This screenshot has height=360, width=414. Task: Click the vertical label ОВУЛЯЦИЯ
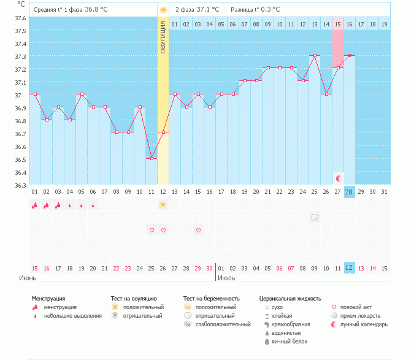(x=163, y=37)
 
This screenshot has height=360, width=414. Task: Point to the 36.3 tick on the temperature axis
(x=20, y=185)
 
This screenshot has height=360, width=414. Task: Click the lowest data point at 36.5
(x=151, y=158)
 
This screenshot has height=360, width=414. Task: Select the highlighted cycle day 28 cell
(x=349, y=192)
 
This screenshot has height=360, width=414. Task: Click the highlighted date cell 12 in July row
(x=349, y=268)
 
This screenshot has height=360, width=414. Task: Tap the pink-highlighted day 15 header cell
(x=337, y=24)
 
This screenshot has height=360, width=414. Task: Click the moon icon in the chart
(x=338, y=178)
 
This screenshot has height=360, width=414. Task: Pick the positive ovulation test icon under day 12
(x=163, y=205)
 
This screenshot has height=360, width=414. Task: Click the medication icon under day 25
(x=314, y=217)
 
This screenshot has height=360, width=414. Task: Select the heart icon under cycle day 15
(x=198, y=230)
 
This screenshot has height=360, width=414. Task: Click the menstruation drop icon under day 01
(x=35, y=205)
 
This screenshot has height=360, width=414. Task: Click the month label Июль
(x=226, y=278)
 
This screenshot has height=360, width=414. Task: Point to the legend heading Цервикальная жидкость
(x=289, y=299)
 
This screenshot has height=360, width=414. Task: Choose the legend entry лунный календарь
(x=364, y=324)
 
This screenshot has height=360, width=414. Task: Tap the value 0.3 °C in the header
(x=268, y=10)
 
